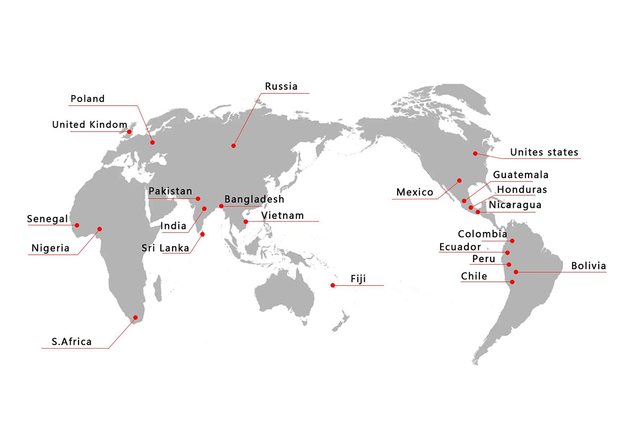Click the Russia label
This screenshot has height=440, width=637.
pyautogui.click(x=281, y=87)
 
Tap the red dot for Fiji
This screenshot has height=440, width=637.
pyautogui.click(x=333, y=286)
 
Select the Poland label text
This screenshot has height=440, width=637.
pyautogui.click(x=88, y=99)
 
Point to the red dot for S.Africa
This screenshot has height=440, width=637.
pyautogui.click(x=135, y=317)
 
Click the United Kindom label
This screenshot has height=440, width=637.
pyautogui.click(x=90, y=125)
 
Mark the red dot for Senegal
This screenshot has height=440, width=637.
pyautogui.click(x=77, y=225)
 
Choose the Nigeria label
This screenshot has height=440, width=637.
pyautogui.click(x=50, y=248)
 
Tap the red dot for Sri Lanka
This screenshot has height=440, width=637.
pyautogui.click(x=202, y=234)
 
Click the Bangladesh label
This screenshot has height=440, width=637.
pyautogui.click(x=254, y=200)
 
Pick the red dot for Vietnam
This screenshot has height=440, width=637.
pyautogui.click(x=246, y=221)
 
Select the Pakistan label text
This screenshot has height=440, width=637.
pyautogui.click(x=170, y=191)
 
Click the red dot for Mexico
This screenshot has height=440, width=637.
pyautogui.click(x=459, y=180)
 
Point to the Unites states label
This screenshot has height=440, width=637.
pyautogui.click(x=544, y=153)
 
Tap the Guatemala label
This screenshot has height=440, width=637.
pyautogui.click(x=521, y=175)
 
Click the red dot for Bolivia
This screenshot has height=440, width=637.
pyautogui.click(x=516, y=272)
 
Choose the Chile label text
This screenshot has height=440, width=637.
pyautogui.click(x=474, y=276)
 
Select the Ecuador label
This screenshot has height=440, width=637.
pyautogui.click(x=460, y=247)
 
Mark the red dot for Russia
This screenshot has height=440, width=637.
pyautogui.click(x=233, y=145)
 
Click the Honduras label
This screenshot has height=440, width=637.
pyautogui.click(x=522, y=189)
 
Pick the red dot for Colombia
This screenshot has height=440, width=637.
pyautogui.click(x=512, y=241)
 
